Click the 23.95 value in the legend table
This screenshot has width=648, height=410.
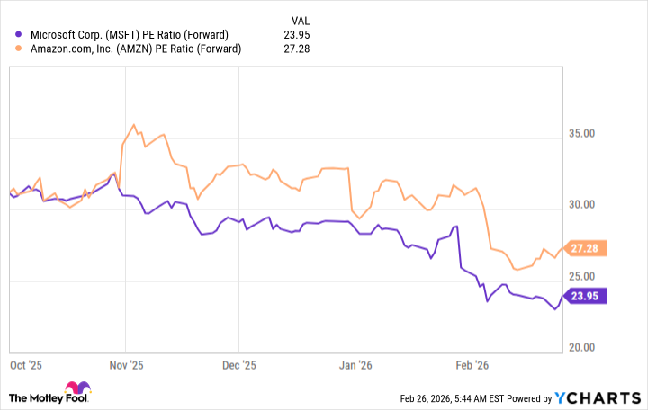click(297, 35)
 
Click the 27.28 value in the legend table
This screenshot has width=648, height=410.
click(297, 49)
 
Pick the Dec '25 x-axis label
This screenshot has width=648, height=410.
click(238, 366)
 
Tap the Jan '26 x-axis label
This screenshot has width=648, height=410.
click(355, 366)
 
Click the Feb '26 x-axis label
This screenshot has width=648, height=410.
click(471, 366)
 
